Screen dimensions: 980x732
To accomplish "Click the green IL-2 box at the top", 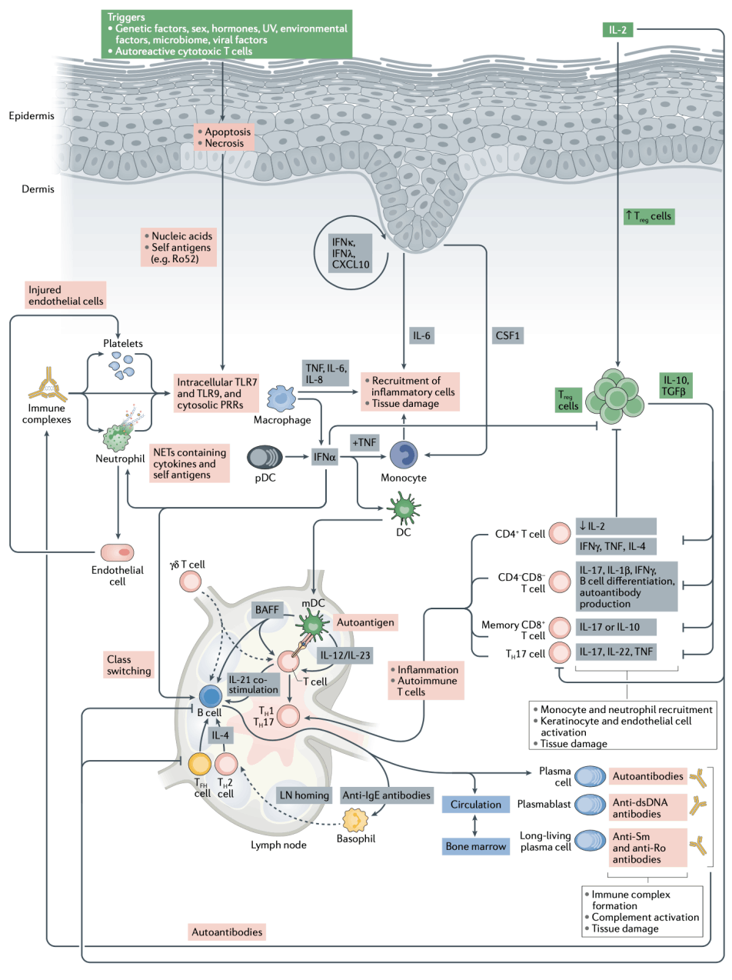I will point(617,30).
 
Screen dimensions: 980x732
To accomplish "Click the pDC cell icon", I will point(265,458).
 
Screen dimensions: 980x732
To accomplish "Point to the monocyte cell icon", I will point(408,455).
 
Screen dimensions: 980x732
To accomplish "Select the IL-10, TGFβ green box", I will point(680,384).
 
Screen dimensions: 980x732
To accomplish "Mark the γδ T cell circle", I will point(188,582).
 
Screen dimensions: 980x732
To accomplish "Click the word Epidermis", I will point(32,116).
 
